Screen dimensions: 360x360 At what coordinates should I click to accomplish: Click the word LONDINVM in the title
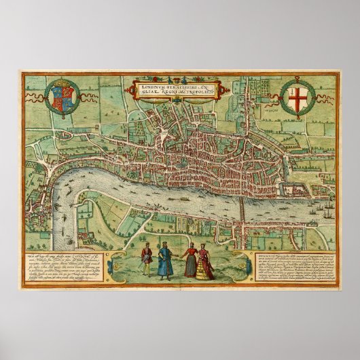153,87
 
